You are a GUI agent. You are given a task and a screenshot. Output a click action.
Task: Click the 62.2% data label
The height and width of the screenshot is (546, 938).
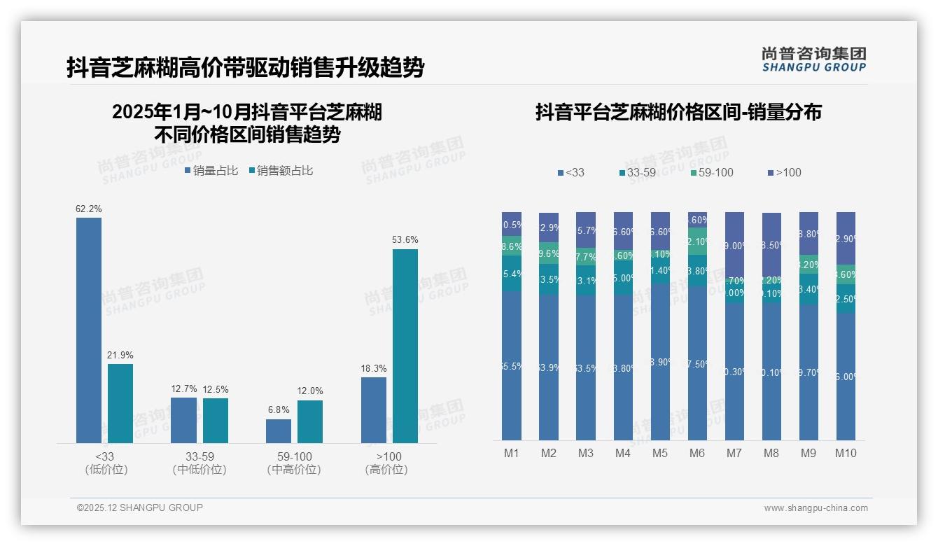pos(89,209)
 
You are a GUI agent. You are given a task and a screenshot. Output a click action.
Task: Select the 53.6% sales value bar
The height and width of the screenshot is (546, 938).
pos(405,346)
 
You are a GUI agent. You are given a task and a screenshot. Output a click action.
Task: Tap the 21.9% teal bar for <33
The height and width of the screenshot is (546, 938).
pos(120,403)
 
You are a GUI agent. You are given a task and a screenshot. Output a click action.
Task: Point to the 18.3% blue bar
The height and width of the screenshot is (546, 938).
pos(374,410)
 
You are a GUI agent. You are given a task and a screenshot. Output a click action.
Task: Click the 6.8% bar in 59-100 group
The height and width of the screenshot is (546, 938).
pos(279,431)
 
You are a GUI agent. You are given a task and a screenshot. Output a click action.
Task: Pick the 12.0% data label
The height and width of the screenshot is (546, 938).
pos(310,391)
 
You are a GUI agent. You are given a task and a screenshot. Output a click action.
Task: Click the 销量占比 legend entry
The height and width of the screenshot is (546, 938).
pos(211,171)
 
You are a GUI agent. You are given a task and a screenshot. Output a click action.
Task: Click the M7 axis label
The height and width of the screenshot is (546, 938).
pos(734,453)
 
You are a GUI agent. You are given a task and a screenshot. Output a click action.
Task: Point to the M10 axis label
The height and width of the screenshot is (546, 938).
pos(846,453)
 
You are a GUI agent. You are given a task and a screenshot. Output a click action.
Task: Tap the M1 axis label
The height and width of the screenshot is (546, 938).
pos(512,453)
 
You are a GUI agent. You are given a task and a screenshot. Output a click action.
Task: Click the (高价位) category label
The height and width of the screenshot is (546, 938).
pos(386,470)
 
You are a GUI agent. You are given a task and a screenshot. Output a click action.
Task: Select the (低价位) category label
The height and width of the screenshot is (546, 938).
pos(106,470)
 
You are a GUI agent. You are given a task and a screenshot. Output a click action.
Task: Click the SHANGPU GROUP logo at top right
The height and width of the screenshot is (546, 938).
pos(813,59)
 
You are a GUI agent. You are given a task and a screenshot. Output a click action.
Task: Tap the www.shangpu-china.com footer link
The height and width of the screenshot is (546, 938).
pos(815,508)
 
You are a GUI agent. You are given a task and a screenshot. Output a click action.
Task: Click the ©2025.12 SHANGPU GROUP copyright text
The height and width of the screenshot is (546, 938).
pos(140,507)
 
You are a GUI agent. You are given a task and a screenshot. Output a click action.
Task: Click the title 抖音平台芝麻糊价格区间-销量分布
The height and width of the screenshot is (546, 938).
pos(678,112)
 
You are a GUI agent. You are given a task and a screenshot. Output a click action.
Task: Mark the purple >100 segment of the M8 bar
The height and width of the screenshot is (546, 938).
pos(771,245)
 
